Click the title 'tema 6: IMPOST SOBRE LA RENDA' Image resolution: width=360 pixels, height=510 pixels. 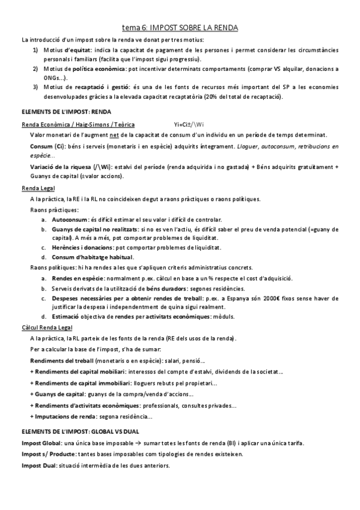pos(180,28)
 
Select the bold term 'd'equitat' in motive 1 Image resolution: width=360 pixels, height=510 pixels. pos(79,49)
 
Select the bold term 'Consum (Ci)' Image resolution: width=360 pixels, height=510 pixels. pos(46,147)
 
